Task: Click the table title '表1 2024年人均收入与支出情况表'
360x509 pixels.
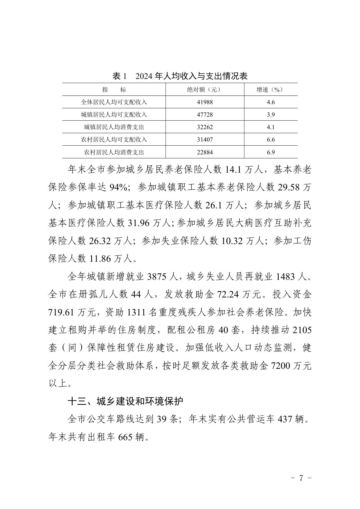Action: [180, 76]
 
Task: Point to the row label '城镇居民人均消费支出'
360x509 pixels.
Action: [114, 127]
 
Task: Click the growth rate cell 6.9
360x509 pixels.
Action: [271, 152]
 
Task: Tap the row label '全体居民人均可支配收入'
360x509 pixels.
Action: [114, 102]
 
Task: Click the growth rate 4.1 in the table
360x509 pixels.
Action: [271, 127]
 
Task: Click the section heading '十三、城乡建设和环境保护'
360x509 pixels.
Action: [125, 402]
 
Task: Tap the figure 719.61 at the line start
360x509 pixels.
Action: [62, 313]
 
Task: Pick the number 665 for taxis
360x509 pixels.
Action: [125, 437]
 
